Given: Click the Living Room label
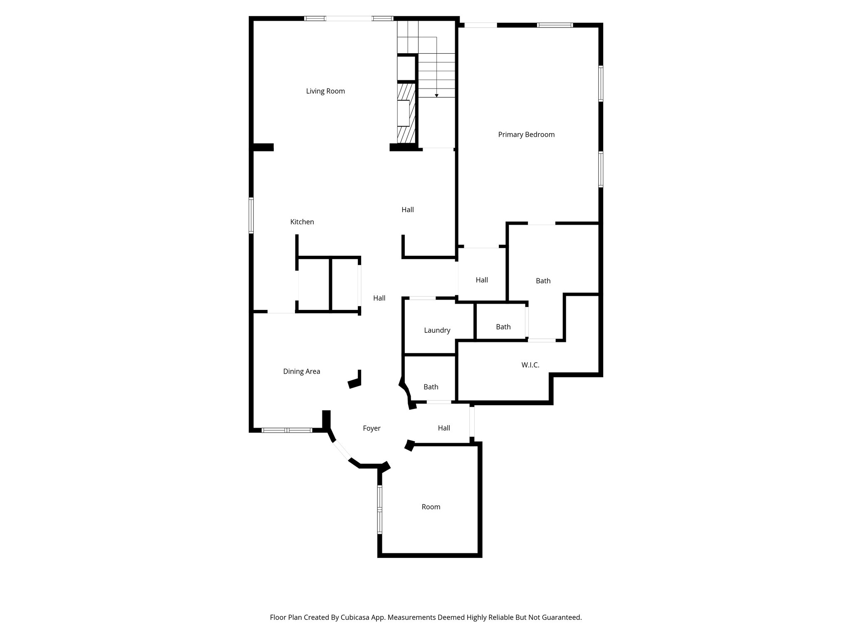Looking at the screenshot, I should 325,91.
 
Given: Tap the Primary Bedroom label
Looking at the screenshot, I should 526,134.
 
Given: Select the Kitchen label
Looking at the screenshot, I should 302,222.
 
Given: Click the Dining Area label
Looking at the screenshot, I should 302,372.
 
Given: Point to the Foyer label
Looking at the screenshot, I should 372,428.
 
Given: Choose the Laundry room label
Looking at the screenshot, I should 437,330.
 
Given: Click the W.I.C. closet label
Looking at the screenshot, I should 530,365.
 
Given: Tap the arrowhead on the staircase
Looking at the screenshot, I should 436,96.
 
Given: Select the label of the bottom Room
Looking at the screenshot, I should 431,507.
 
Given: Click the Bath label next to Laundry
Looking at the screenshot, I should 503,327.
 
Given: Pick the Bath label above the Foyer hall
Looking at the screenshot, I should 431,387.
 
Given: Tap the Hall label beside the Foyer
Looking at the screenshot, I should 444,428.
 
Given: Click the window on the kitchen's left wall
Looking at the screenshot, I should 251,215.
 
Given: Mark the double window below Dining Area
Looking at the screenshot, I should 287,430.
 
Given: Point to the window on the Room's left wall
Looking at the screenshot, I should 379,510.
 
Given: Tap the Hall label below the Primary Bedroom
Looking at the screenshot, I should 482,280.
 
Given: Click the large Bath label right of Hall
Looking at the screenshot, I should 543,281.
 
